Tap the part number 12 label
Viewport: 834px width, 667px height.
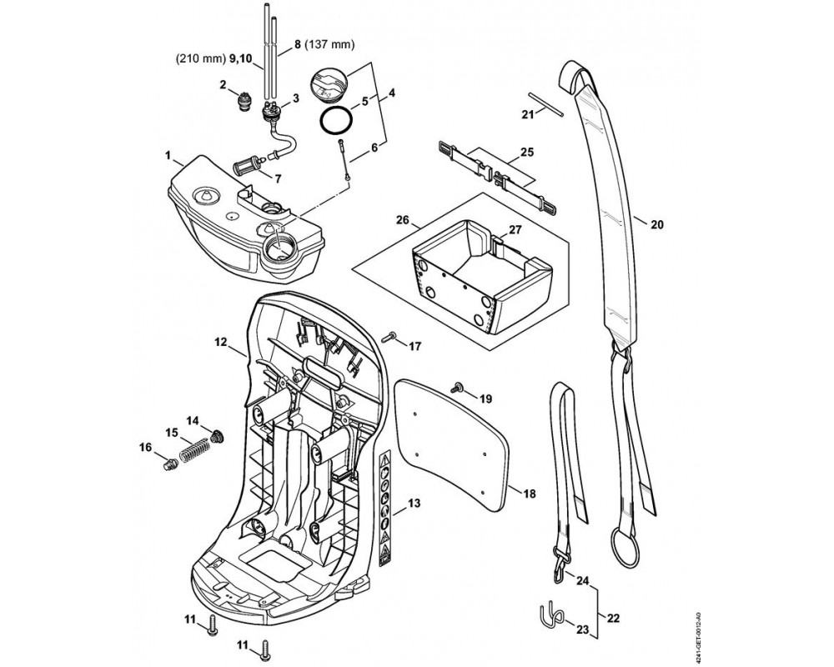pyautogui.click(x=220, y=342)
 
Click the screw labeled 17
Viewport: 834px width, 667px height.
pyautogui.click(x=389, y=338)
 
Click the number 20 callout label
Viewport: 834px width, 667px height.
pyautogui.click(x=656, y=223)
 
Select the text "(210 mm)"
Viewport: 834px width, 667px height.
pyautogui.click(x=198, y=60)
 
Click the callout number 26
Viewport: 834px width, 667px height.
pyautogui.click(x=403, y=221)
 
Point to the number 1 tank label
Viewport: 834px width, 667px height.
pyautogui.click(x=168, y=154)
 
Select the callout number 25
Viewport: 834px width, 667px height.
pyautogui.click(x=526, y=152)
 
